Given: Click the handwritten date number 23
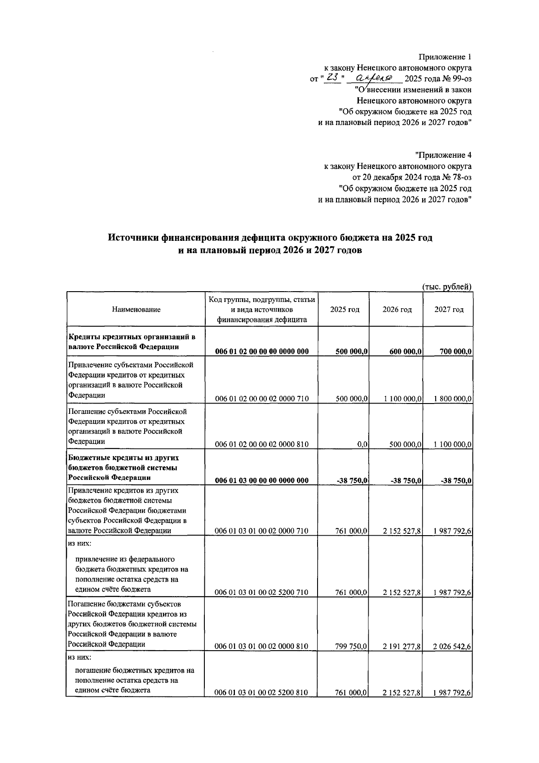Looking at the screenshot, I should pos(332,78).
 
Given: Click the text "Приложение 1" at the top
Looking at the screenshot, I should pos(445,57).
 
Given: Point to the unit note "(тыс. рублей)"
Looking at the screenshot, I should pos(447,287).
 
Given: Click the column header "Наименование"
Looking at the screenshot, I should pos(136,309).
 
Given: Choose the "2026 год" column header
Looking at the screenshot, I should pos(397,309).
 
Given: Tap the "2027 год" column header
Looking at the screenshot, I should pos(449,309).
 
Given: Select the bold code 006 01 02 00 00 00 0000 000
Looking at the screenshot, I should pos(262,351).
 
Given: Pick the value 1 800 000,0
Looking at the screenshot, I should pos(453,399).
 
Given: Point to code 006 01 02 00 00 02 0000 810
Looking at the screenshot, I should pos(262,444).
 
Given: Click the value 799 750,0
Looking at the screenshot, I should pos(352,646).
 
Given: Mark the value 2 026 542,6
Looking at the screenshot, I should pos(453,646).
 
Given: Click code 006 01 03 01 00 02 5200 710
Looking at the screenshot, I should pos(262,593).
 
